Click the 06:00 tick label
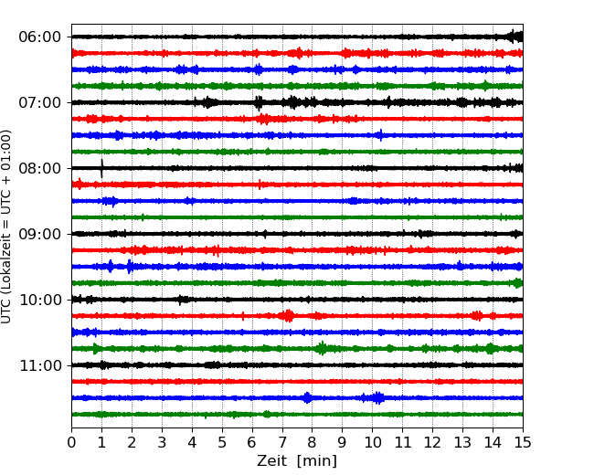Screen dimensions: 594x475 coord(40,37)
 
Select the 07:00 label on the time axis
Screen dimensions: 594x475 coord(40,102)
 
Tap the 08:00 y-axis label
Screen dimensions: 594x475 coord(40,168)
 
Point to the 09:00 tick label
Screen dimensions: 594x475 coord(40,234)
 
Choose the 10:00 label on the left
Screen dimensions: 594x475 coord(40,300)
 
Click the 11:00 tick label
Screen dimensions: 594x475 coord(40,365)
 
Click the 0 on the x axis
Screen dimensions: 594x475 coord(71,442)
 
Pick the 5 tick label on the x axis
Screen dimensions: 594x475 coord(222,442)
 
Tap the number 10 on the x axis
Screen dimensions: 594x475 coord(372,442)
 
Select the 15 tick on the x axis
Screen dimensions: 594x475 coord(523,442)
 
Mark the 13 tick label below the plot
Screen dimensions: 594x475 coord(462,442)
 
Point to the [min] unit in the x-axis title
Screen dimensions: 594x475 coord(317,461)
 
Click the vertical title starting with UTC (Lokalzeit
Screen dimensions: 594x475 coord(6,227)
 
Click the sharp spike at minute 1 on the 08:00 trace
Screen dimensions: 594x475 coord(101,169)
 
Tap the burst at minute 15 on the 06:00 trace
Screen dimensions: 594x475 coord(516,37)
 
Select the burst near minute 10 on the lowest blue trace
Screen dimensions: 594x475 coord(377,397)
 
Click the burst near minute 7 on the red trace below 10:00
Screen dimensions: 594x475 coord(288,315)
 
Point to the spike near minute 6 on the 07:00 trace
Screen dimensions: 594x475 coord(259,102)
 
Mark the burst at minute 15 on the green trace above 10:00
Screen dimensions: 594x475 coord(518,283)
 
